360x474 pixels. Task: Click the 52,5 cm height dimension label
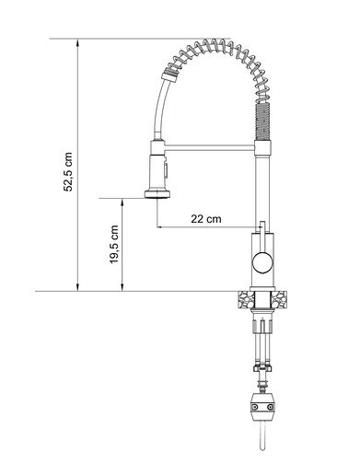[x=68, y=172]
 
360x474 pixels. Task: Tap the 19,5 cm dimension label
[x=114, y=244]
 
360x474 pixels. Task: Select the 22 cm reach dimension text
[x=206, y=219]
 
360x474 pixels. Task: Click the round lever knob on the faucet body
[x=262, y=262]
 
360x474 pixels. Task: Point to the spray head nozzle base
[x=158, y=194]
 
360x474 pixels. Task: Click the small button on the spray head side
[x=166, y=170]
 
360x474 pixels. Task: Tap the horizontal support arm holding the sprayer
[x=210, y=148]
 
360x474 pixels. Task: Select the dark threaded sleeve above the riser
[x=262, y=121]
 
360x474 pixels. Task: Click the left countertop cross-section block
[x=246, y=299]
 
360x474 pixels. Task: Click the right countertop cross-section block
[x=278, y=299]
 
